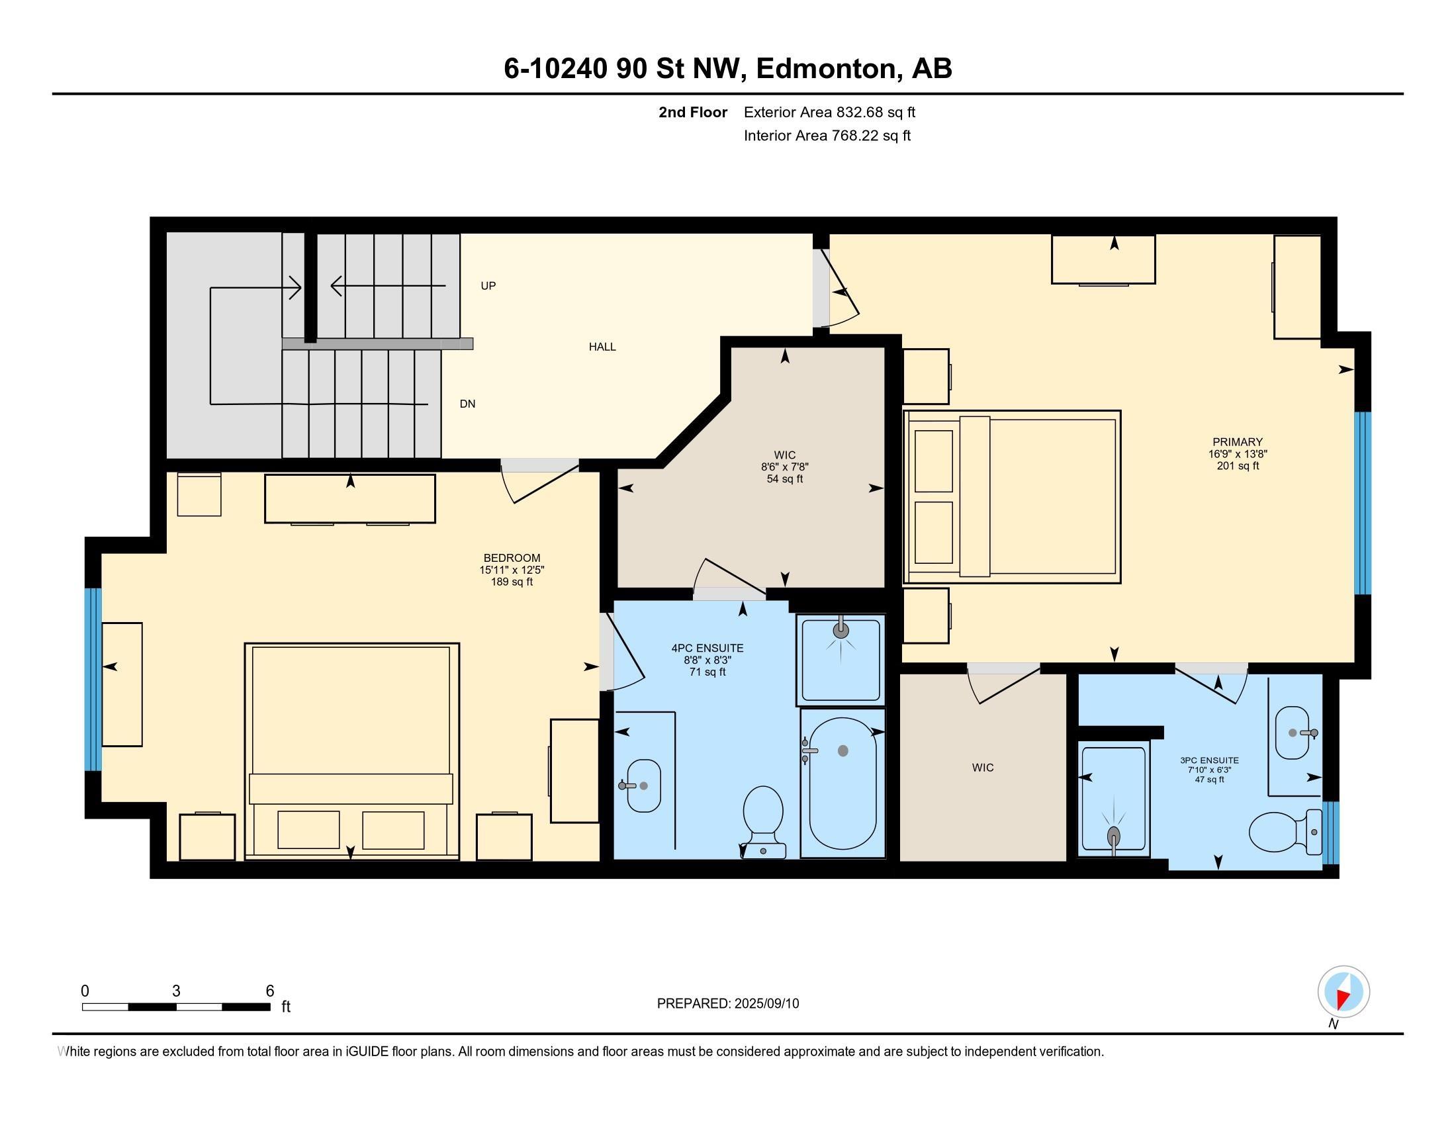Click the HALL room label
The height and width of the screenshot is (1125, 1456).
[x=602, y=347]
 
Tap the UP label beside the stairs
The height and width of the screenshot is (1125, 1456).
[x=488, y=286]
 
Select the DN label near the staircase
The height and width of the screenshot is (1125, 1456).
[x=467, y=404]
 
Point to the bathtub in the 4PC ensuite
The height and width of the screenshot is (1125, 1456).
[x=842, y=783]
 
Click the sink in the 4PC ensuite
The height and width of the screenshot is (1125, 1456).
[x=641, y=786]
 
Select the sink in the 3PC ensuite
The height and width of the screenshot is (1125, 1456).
[x=1295, y=733]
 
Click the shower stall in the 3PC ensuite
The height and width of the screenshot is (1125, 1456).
[x=1113, y=800]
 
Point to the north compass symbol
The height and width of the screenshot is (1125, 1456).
[x=1343, y=991]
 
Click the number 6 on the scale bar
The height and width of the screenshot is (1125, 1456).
[x=270, y=991]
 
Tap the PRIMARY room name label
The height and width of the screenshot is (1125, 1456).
[x=1238, y=442]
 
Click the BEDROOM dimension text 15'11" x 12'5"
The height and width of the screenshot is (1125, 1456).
[x=512, y=570]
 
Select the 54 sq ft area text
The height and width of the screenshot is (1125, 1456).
[x=785, y=479]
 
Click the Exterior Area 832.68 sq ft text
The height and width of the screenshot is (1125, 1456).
[x=829, y=112]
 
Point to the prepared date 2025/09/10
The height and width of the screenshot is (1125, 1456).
[x=766, y=1004]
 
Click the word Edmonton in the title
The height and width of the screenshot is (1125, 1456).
[x=827, y=69]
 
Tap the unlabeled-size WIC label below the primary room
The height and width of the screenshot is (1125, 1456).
[x=983, y=768]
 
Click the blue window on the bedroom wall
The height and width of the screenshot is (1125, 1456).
[x=93, y=679]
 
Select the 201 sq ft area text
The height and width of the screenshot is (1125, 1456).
[x=1238, y=466]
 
